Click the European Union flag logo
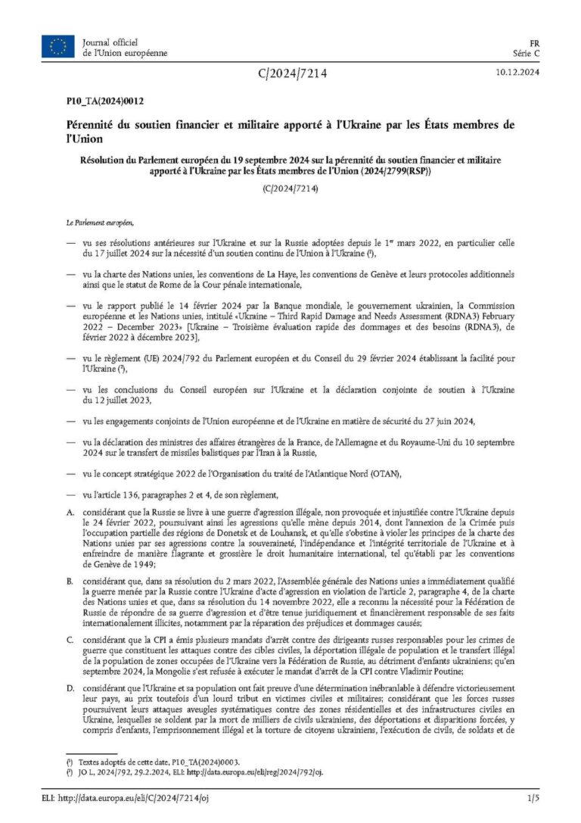58,47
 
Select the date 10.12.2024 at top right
517,73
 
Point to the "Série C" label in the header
525,54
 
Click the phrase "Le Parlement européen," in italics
100,223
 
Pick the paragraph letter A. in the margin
70,513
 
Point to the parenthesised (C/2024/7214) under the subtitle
290,189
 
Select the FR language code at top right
534,43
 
